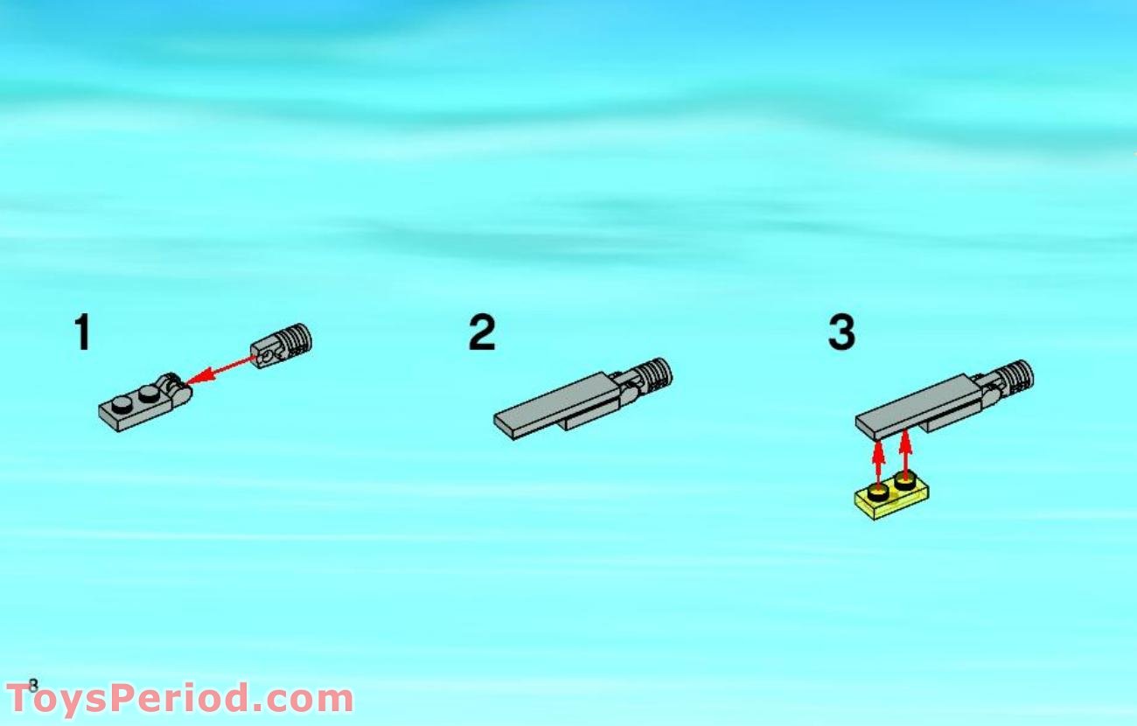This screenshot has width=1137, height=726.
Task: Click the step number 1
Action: tap(82, 333)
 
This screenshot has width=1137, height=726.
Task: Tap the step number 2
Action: tap(482, 333)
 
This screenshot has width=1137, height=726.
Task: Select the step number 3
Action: tap(841, 333)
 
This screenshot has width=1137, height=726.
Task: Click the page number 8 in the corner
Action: tap(33, 685)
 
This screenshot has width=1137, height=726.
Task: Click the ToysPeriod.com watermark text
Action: tap(179, 700)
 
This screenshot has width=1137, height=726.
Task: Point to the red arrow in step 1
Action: tap(223, 367)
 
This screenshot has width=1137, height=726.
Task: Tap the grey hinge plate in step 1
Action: tap(140, 408)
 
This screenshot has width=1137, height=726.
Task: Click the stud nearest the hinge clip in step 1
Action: tap(147, 395)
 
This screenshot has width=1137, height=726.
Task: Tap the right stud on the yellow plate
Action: tap(905, 481)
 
